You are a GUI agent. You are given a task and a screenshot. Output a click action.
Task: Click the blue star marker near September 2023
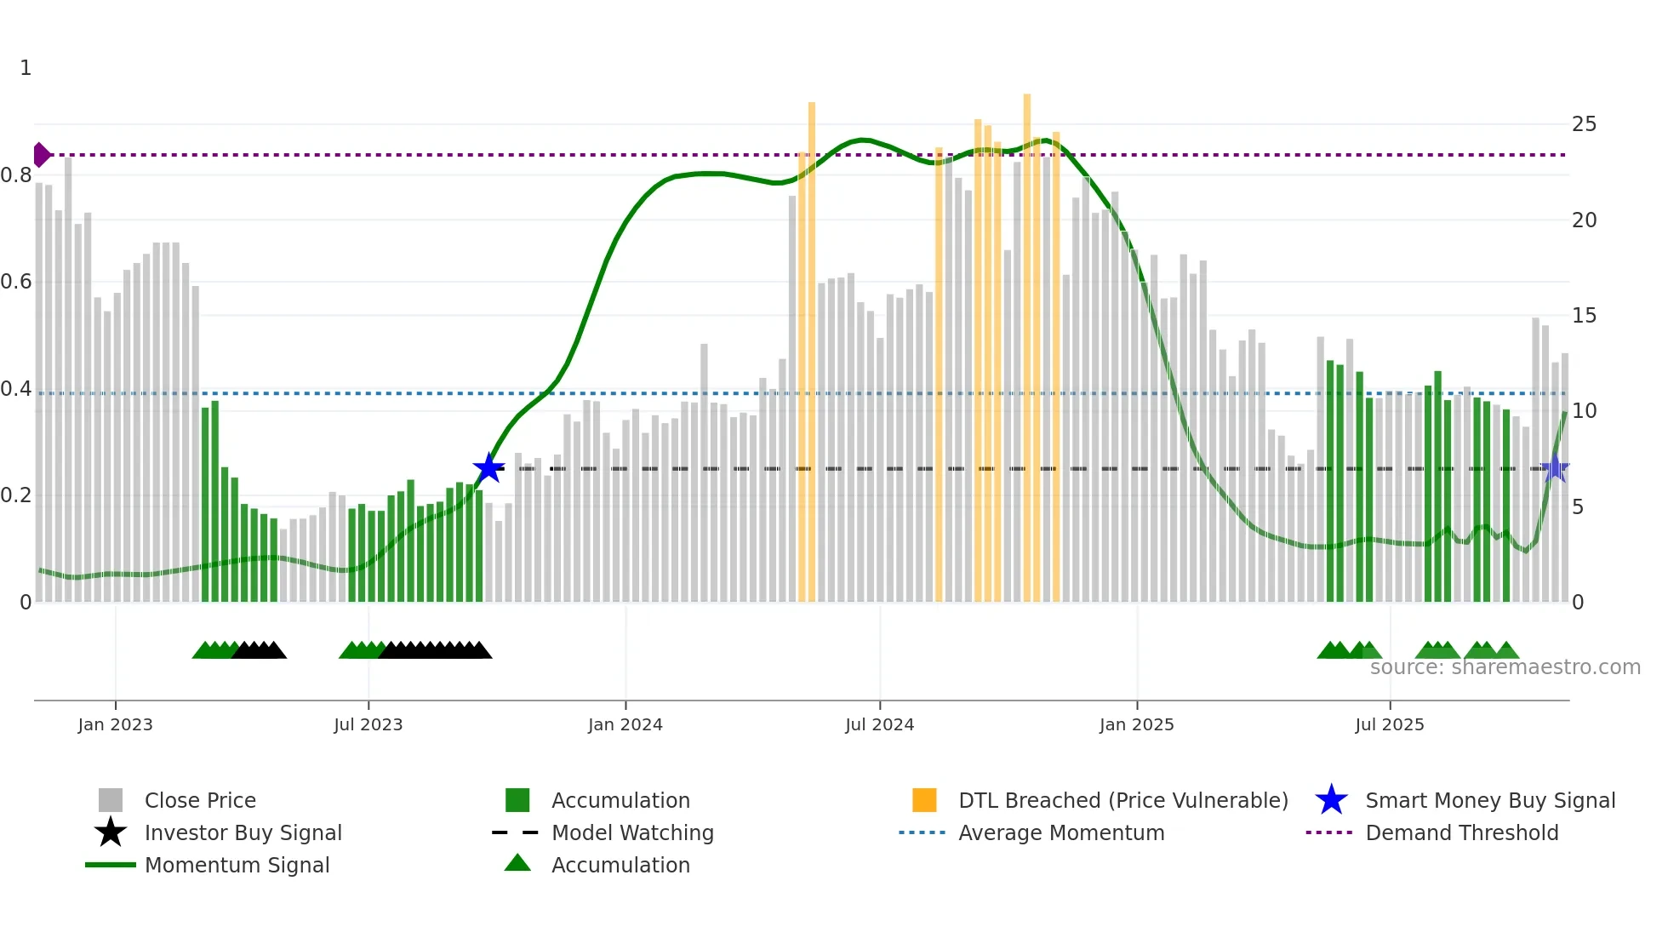pos(488,468)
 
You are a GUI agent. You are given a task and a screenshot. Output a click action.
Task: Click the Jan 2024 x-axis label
pos(625,724)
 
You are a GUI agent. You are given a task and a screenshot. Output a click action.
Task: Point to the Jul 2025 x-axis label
pos(1389,724)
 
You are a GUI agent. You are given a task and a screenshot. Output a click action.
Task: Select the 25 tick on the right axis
pos(1584,124)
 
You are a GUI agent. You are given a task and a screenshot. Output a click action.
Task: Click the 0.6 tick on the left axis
pos(16,282)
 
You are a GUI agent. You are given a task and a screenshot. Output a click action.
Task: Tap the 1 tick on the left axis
pos(26,68)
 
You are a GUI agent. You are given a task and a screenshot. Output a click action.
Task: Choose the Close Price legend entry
pos(200,800)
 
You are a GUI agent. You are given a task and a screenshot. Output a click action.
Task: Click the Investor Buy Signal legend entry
pos(243,832)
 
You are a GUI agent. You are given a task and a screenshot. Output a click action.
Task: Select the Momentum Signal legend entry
pos(237,865)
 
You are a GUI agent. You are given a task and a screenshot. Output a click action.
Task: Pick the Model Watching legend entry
pos(632,832)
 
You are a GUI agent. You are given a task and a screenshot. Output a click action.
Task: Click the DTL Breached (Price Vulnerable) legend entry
pos(1122,800)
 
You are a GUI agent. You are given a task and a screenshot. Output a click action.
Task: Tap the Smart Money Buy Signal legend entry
pos(1489,800)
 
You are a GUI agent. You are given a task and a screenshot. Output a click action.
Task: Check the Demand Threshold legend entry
pos(1461,832)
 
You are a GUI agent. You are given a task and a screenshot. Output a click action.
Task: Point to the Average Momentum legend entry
pos(1060,832)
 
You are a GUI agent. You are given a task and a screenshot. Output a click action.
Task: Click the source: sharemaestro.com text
pos(1505,667)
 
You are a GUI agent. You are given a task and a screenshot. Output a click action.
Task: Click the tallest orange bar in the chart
pos(1027,340)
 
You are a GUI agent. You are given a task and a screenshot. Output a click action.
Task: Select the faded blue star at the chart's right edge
pos(1555,468)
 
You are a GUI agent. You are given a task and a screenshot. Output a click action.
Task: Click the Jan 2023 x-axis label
pos(115,724)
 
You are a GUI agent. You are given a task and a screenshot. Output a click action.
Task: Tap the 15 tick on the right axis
pos(1584,316)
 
